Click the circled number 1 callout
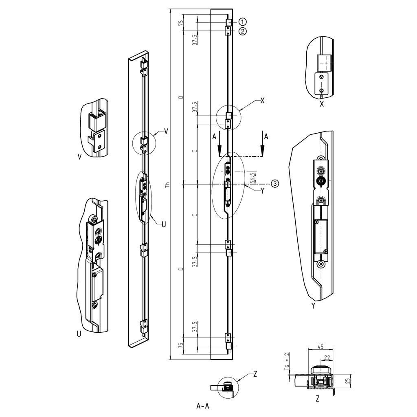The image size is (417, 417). (242, 22)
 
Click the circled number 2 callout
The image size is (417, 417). (242, 31)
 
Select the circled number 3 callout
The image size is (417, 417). (275, 184)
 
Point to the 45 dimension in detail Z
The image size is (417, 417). (320, 347)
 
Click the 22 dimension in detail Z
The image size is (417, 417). (327, 357)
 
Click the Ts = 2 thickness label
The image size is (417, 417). (287, 361)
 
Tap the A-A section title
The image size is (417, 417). (203, 406)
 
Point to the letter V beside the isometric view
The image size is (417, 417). (166, 131)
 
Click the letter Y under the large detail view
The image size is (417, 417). (313, 306)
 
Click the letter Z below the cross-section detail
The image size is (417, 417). (317, 399)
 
